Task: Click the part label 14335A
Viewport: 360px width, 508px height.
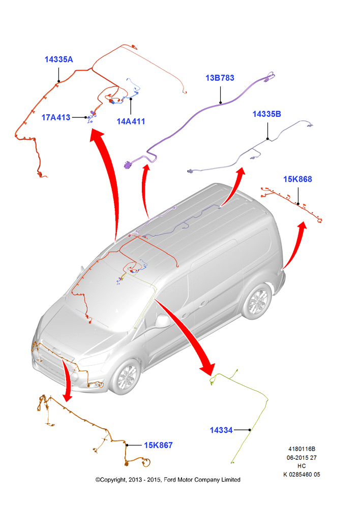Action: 58,59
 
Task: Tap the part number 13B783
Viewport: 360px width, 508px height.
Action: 220,78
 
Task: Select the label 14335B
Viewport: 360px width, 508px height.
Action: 266,114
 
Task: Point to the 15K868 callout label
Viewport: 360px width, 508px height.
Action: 297,179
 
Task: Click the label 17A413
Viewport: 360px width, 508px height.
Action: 56,117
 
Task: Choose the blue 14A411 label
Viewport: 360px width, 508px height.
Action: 131,121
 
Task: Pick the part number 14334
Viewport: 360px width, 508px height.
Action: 221,430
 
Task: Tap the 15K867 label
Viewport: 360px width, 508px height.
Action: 158,445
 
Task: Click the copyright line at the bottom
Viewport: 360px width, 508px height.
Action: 168,480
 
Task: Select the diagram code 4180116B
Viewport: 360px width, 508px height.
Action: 302,449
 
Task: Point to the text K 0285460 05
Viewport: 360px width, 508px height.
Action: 302,474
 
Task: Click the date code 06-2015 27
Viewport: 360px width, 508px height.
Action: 302,458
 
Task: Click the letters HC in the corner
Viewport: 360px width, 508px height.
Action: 302,466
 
